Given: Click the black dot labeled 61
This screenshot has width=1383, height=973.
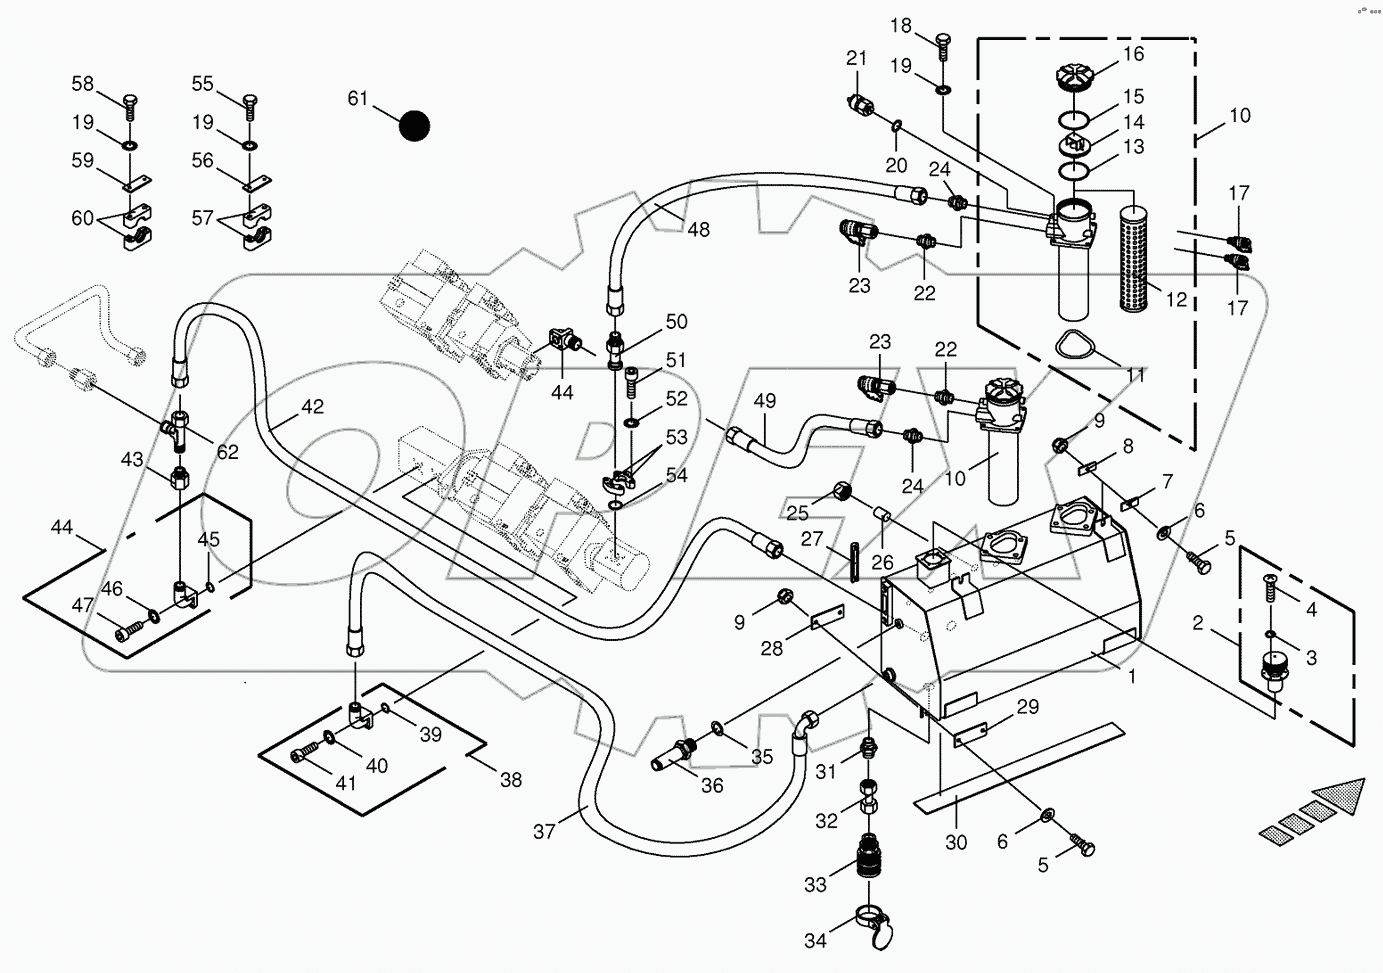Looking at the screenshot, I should (x=414, y=127).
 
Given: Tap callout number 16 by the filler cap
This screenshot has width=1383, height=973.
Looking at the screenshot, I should (x=1132, y=54).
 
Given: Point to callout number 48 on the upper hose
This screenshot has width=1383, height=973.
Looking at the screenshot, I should (x=698, y=229).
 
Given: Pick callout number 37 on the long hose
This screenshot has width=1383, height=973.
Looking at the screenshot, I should (x=543, y=831).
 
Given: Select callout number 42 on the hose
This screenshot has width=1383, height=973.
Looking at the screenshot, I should (x=312, y=407).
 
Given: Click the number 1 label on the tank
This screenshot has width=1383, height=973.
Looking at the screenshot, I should (x=1132, y=677).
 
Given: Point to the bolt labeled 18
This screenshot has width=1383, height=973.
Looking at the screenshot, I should (x=943, y=42).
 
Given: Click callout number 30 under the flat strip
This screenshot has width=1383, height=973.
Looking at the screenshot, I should (x=956, y=842).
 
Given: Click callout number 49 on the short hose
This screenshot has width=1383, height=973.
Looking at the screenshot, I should (x=764, y=401).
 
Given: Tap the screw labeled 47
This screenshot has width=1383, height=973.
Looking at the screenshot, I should (x=127, y=631).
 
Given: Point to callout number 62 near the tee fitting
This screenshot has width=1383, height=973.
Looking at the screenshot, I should (x=227, y=452).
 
